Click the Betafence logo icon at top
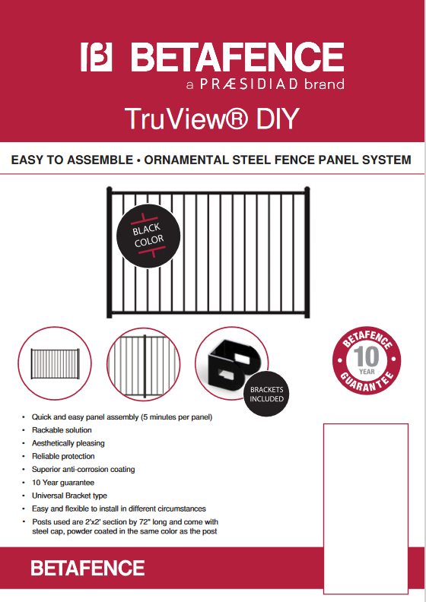coord(97,58)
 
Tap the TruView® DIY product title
coord(212,119)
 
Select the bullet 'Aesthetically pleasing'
coord(68,443)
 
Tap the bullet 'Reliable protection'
coord(63,456)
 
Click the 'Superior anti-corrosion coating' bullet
coord(83,469)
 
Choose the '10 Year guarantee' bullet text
coord(63,483)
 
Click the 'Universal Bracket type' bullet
coord(69,496)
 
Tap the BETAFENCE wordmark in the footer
coord(87,568)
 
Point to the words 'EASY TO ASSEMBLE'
coord(62,160)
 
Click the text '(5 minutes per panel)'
coord(173,417)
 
